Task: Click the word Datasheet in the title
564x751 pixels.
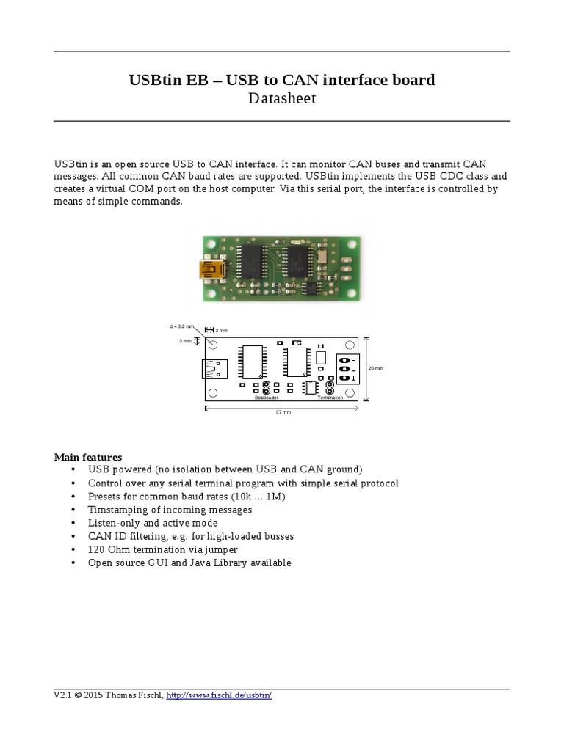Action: click(283, 98)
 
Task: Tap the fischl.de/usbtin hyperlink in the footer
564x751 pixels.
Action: click(220, 695)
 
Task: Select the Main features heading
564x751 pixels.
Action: click(88, 457)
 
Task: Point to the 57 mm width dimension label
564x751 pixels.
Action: click(283, 413)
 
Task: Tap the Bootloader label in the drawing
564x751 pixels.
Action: click(266, 398)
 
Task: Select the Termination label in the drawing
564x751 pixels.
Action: click(330, 398)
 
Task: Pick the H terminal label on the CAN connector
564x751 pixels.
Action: click(353, 360)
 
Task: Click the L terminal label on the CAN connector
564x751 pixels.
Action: click(353, 369)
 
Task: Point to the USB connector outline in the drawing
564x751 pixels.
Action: click(214, 368)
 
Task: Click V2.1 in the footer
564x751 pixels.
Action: click(62, 695)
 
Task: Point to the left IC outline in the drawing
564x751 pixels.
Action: click(253, 362)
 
